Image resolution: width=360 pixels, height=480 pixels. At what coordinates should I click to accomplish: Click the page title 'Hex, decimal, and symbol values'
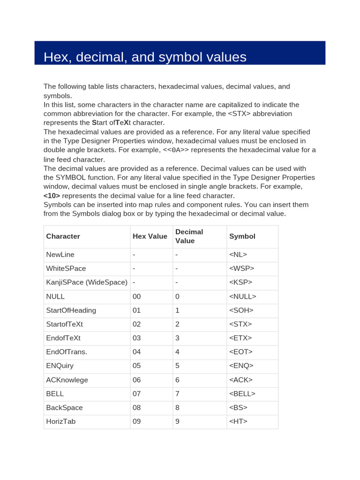[145, 57]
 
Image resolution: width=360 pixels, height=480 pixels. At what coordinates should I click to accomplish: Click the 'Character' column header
[63, 236]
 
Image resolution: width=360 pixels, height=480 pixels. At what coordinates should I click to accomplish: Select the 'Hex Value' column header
[150, 236]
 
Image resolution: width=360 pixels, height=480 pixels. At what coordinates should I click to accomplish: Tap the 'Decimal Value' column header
[189, 236]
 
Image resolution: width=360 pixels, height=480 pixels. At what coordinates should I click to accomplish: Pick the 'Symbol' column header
[242, 236]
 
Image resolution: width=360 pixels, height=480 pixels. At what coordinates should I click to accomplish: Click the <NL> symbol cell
[238, 255]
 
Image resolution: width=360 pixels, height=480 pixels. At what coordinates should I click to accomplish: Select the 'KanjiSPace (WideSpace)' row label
[87, 282]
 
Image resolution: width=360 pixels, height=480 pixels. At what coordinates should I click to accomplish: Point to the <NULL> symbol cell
[243, 296]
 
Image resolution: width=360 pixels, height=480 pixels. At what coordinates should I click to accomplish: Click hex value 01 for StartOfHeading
[136, 310]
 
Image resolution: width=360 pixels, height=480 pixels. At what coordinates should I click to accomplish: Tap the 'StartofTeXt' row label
[64, 324]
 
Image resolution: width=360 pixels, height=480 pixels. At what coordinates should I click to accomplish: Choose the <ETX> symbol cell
[240, 338]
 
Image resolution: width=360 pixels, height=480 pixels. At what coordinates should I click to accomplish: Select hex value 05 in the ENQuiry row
[136, 366]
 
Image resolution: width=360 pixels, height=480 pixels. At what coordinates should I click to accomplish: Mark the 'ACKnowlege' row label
[67, 380]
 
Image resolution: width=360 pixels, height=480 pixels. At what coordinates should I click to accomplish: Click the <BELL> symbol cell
[242, 394]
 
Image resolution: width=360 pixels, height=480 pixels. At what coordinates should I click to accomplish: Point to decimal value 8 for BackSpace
[177, 407]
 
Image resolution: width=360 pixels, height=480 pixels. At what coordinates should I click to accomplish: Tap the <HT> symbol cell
[238, 421]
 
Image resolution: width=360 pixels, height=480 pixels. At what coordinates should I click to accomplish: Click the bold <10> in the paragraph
[52, 195]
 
